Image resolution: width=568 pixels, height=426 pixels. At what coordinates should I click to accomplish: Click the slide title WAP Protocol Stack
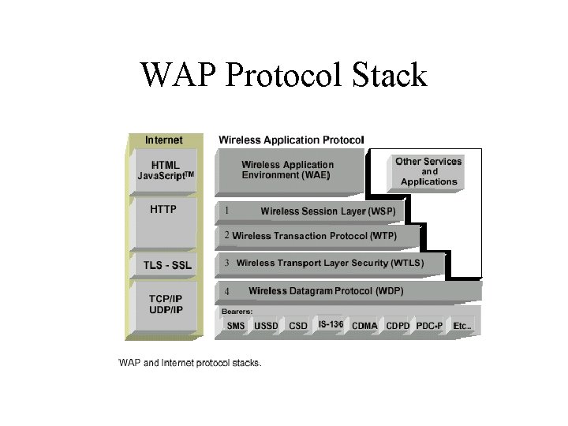pyautogui.click(x=284, y=75)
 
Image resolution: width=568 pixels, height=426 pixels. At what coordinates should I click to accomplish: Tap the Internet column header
pyautogui.click(x=163, y=140)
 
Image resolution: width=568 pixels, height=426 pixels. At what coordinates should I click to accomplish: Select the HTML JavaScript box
pyautogui.click(x=165, y=170)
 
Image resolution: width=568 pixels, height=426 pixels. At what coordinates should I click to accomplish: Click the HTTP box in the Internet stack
pyautogui.click(x=163, y=210)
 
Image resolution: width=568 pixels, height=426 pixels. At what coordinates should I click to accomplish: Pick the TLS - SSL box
pyautogui.click(x=165, y=264)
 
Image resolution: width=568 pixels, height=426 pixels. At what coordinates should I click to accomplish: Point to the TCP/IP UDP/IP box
pyautogui.click(x=166, y=305)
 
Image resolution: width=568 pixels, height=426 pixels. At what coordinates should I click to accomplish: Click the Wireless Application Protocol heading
pyautogui.click(x=291, y=140)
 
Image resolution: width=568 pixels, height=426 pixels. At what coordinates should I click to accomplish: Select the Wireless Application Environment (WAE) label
pyautogui.click(x=287, y=170)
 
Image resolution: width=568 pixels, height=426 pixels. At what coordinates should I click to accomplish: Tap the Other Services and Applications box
pyautogui.click(x=428, y=171)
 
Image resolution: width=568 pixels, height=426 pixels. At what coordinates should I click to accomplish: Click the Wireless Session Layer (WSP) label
pyautogui.click(x=327, y=211)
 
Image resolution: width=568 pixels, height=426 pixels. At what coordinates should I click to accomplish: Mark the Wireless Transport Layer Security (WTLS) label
pyautogui.click(x=330, y=263)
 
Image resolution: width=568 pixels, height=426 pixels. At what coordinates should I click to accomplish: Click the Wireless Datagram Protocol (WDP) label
pyautogui.click(x=325, y=291)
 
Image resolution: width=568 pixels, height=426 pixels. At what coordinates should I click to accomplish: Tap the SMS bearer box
pyautogui.click(x=236, y=325)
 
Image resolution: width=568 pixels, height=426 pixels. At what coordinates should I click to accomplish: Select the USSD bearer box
pyautogui.click(x=266, y=325)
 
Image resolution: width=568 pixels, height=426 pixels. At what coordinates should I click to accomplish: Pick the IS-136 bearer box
pyautogui.click(x=331, y=324)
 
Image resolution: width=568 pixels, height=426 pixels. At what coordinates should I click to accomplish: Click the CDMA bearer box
pyautogui.click(x=364, y=325)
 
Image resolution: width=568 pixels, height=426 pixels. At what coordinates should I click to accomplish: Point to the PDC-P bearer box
pyautogui.click(x=429, y=325)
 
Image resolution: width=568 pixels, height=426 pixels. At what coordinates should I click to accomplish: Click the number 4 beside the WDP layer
pyautogui.click(x=226, y=292)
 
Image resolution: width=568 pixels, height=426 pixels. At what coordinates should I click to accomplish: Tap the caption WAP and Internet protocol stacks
pyautogui.click(x=189, y=364)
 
